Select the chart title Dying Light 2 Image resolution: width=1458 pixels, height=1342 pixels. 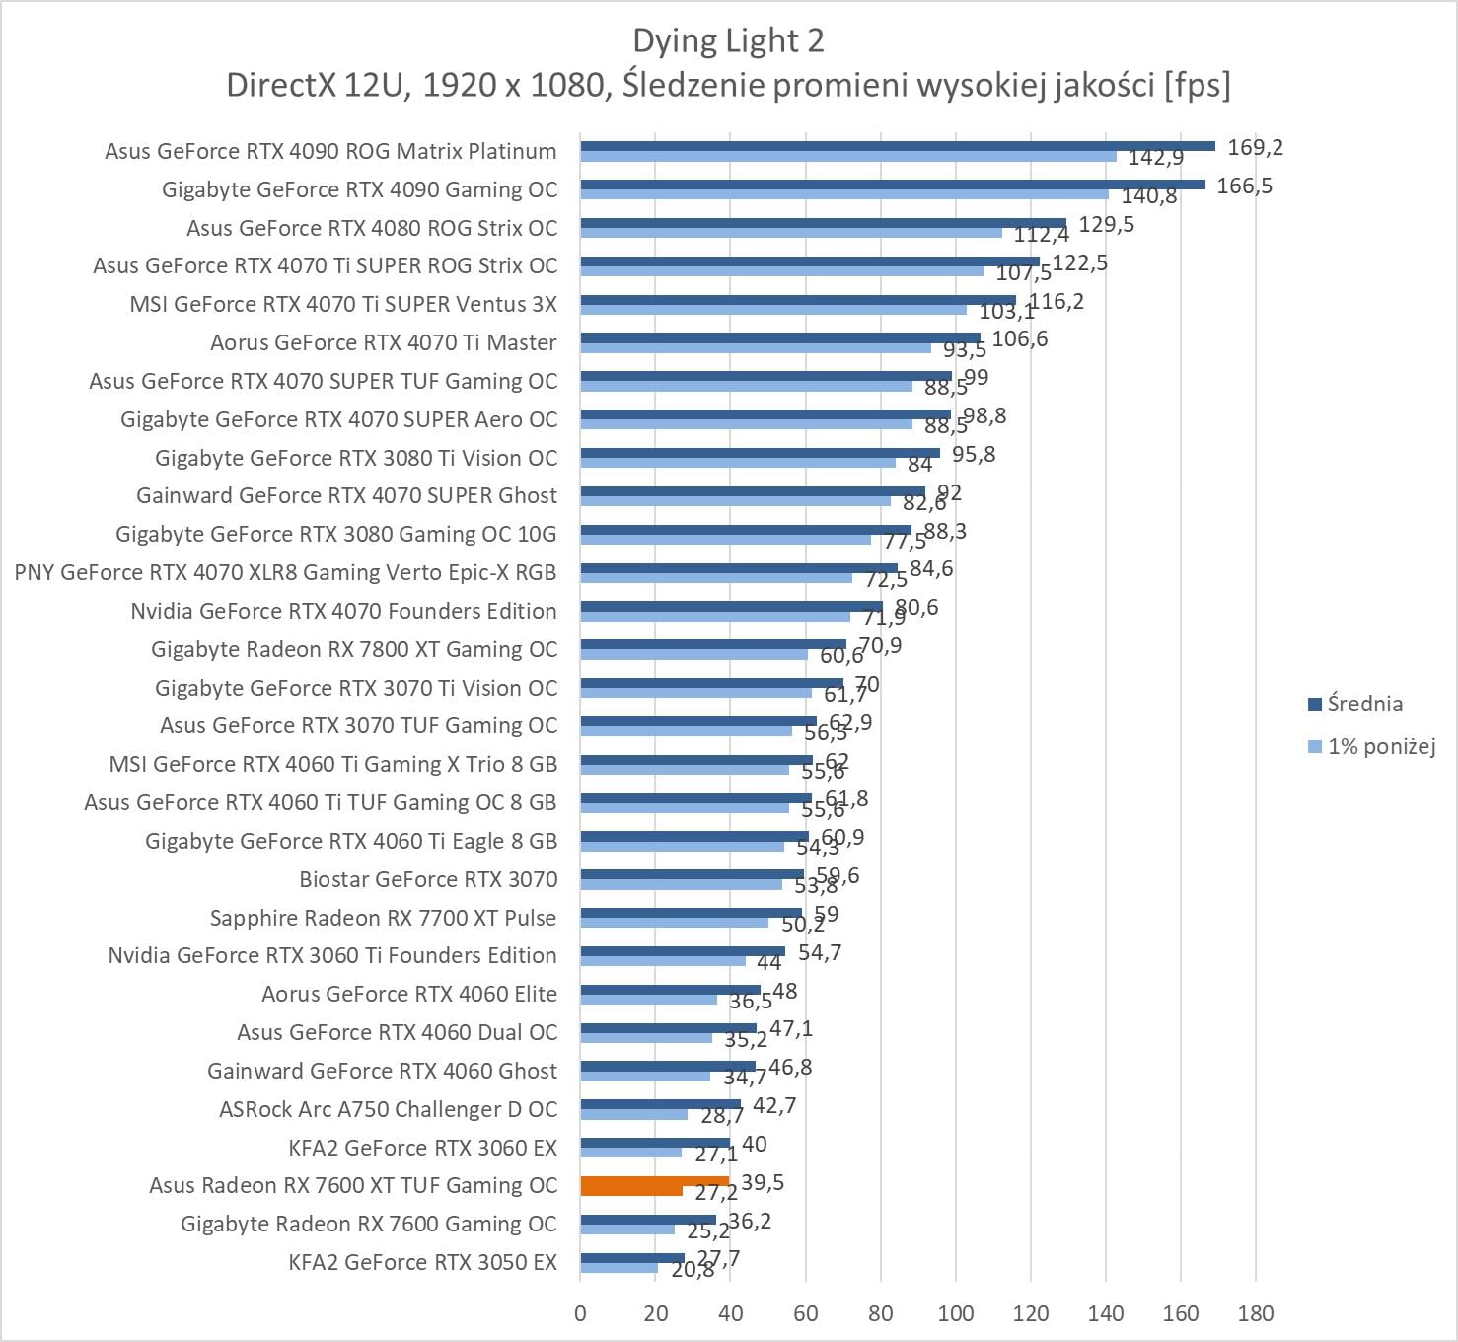(x=728, y=40)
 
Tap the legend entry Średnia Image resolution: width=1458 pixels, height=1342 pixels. (x=1364, y=704)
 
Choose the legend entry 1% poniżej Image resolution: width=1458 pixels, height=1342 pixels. (x=1380, y=746)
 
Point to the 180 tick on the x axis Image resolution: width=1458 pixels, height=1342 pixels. (x=1256, y=1313)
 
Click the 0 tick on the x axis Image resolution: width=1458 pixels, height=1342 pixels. (x=580, y=1313)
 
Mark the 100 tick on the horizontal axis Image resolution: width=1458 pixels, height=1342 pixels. (x=955, y=1313)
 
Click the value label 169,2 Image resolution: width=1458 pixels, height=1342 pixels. (x=1255, y=148)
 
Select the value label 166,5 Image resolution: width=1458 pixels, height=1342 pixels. (x=1244, y=186)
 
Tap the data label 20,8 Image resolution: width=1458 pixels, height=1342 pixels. (x=693, y=1271)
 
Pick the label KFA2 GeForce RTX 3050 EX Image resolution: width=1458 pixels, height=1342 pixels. (x=422, y=1262)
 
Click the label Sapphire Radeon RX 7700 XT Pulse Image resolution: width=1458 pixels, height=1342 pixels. (x=383, y=918)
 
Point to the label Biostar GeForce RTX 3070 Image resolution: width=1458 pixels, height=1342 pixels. (x=428, y=879)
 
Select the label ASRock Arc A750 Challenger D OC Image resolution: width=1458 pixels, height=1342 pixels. (x=388, y=1109)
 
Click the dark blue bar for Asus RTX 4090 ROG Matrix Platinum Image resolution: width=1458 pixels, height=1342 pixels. (x=898, y=146)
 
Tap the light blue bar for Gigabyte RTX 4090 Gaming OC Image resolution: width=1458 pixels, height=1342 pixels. (x=844, y=194)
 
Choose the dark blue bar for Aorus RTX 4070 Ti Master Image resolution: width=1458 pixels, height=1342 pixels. (x=780, y=337)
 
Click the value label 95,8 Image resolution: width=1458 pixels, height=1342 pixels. (x=974, y=455)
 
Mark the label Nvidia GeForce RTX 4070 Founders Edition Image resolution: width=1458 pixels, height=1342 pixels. (x=343, y=611)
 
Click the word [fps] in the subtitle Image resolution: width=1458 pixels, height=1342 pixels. (x=1197, y=85)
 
